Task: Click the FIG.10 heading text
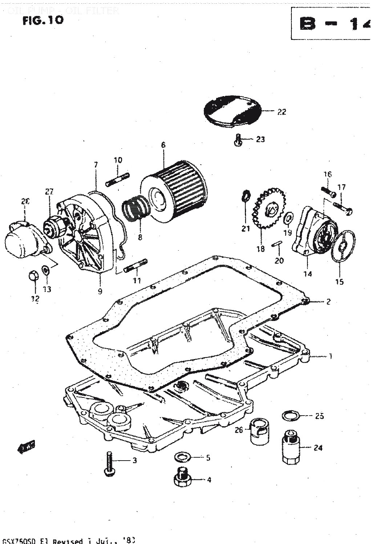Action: coord(43,20)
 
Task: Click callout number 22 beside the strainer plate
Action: coord(282,112)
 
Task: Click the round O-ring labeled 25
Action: coord(291,416)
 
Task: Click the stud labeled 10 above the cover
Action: coord(118,179)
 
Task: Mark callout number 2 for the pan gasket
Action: coord(328,301)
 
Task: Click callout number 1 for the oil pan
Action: coord(330,357)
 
